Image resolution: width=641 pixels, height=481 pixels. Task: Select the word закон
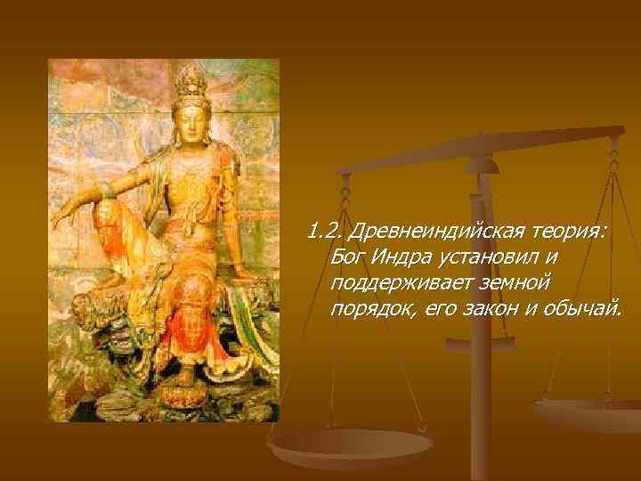tap(483, 308)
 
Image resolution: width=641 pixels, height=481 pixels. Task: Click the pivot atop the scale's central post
tap(481, 165)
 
